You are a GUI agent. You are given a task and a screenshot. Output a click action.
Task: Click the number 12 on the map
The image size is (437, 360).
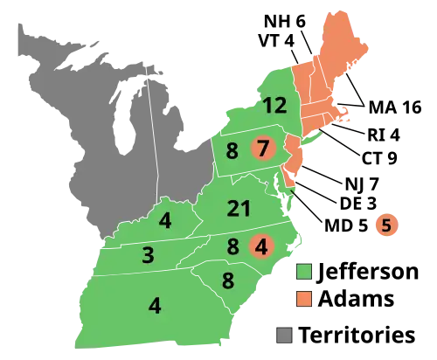tap(274, 106)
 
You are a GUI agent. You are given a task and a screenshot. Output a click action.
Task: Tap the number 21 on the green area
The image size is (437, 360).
tap(239, 209)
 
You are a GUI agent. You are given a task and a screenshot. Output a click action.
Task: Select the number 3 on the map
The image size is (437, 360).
tap(148, 255)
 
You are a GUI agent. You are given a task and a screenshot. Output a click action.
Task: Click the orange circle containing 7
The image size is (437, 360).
tap(262, 149)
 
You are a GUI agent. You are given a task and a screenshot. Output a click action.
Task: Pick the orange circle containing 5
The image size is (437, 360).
tap(385, 225)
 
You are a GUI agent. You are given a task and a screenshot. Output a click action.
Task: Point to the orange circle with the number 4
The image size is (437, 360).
tap(261, 246)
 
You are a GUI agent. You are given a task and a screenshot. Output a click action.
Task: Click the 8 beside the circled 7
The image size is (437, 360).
tap(232, 151)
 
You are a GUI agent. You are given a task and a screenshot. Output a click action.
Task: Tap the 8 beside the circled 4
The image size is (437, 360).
tap(232, 247)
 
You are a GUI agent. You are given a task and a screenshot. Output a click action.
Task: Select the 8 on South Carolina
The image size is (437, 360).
tap(227, 281)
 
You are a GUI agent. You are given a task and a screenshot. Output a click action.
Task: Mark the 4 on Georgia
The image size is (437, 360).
tap(155, 306)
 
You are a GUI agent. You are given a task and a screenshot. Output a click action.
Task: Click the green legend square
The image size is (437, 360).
tap(304, 271)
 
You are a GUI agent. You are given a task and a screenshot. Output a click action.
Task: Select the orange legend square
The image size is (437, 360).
tap(304, 298)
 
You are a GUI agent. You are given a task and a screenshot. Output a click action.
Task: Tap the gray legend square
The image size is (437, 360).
tap(283, 334)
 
